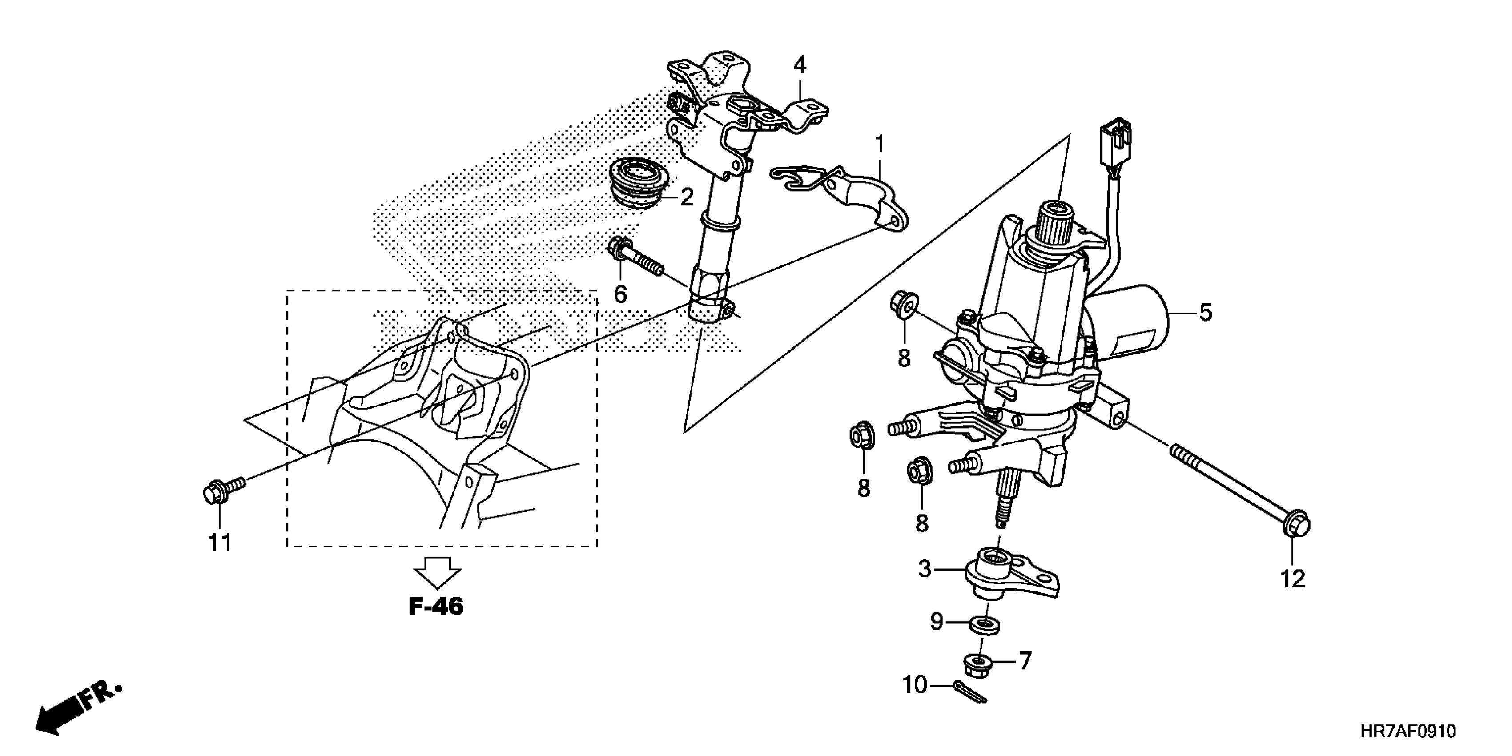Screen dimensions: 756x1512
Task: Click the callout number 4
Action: pos(800,65)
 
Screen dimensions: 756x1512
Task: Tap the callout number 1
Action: pos(879,143)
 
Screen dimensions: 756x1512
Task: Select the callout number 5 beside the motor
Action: pos(1205,312)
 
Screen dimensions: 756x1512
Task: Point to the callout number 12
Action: pos(1292,579)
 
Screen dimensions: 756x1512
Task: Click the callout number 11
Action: pos(221,543)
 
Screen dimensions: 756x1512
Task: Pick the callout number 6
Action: pos(620,294)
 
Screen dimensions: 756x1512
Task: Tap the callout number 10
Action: pos(914,684)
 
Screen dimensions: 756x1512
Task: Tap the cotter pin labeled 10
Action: pos(971,691)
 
